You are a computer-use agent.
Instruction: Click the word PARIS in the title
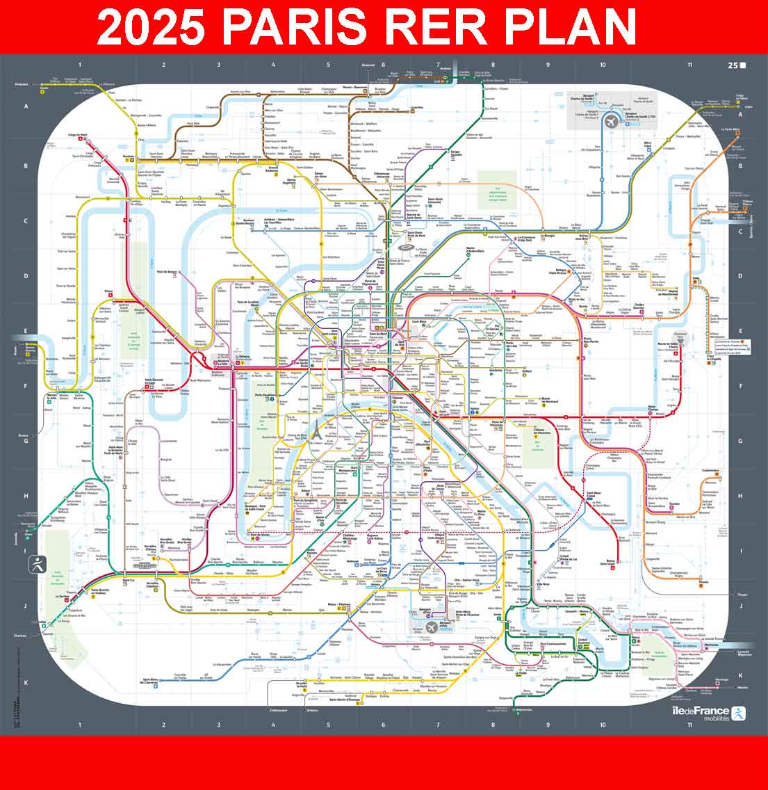(x=295, y=26)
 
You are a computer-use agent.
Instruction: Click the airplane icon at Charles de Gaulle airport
(x=610, y=119)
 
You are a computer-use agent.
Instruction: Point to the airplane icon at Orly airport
(x=431, y=626)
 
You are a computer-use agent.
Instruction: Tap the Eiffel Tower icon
(x=313, y=430)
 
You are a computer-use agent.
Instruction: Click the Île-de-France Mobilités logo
(x=709, y=714)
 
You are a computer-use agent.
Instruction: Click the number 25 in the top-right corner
(x=733, y=65)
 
